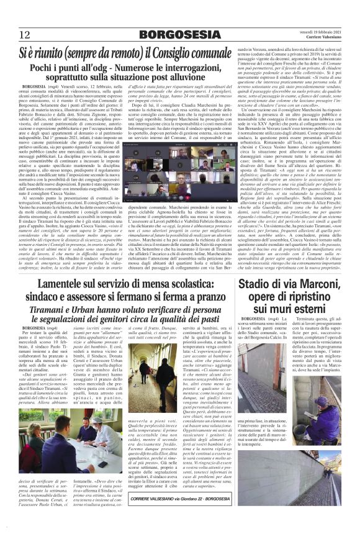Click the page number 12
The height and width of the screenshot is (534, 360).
pos(24,34)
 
